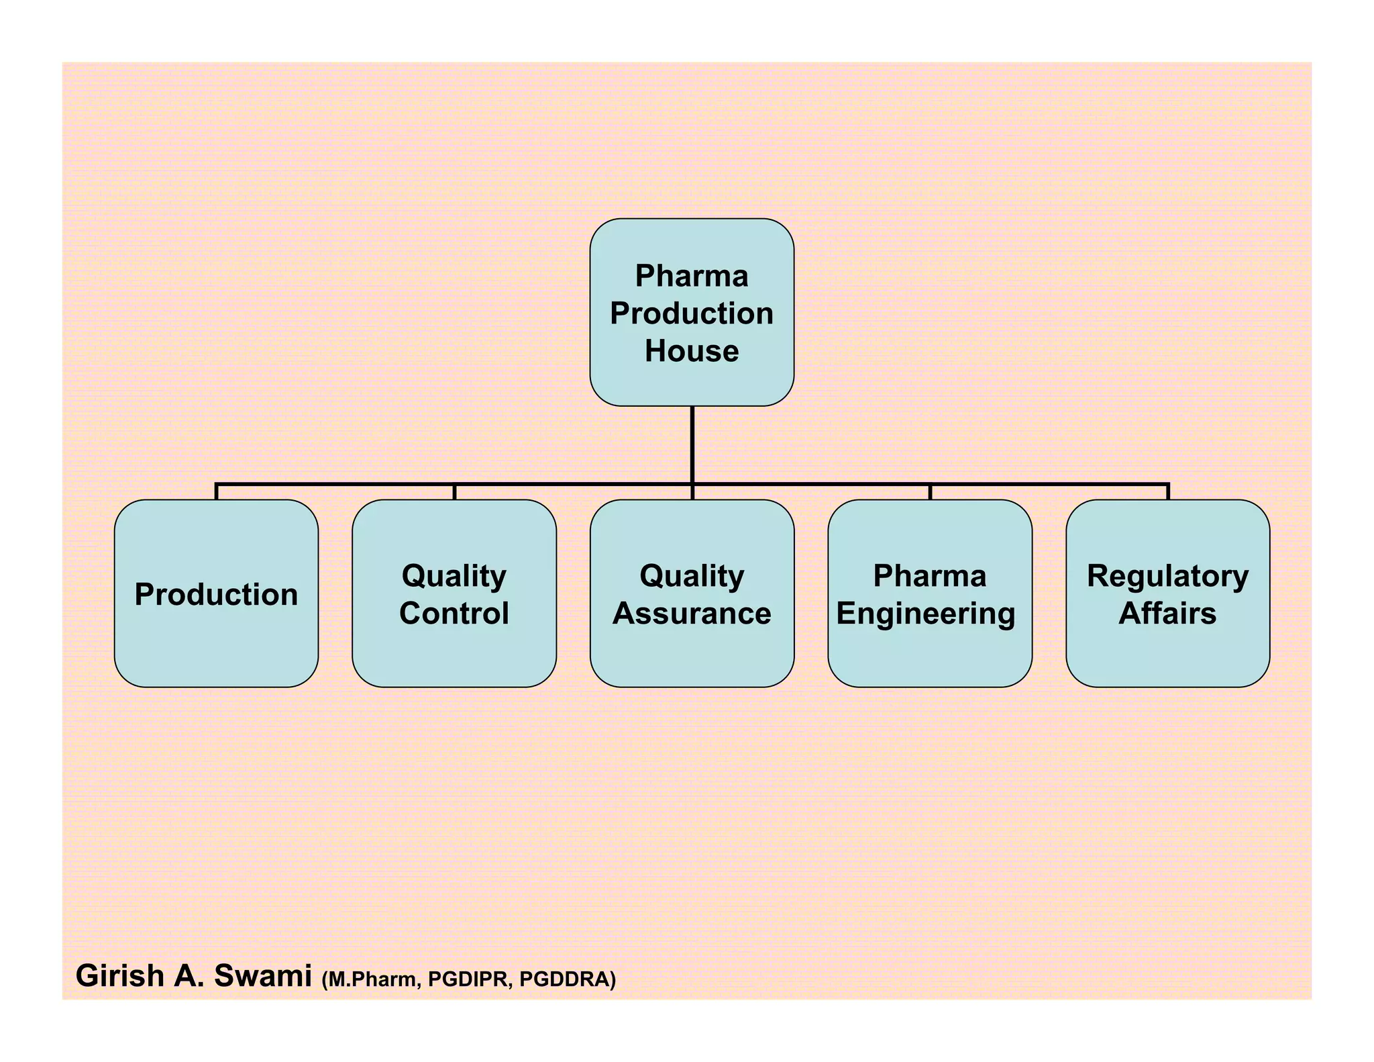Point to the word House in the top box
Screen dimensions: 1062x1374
pyautogui.click(x=692, y=351)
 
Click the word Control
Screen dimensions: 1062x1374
pyautogui.click(x=454, y=614)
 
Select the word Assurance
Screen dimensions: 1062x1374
pyautogui.click(x=692, y=614)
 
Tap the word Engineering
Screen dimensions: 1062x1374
pyautogui.click(x=926, y=614)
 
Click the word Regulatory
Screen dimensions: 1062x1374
pyautogui.click(x=1167, y=576)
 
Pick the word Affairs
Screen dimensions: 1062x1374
pyautogui.click(x=1167, y=614)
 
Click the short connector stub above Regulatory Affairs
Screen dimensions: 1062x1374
pyautogui.click(x=1168, y=491)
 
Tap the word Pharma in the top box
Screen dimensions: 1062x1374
pyautogui.click(x=692, y=276)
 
